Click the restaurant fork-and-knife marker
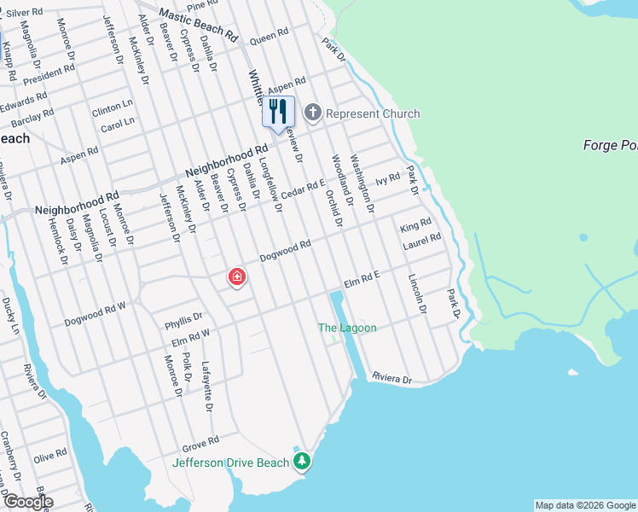pos(278,112)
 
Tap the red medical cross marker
pos(236,277)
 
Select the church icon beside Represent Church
pos(313,113)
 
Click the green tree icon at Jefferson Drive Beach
pos(301,462)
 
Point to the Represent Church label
pos(373,113)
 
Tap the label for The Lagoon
pos(346,328)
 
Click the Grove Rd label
pos(201,445)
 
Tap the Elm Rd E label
pos(361,280)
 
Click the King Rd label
pos(415,225)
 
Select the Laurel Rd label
pos(423,243)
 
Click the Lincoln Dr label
pos(416,294)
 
